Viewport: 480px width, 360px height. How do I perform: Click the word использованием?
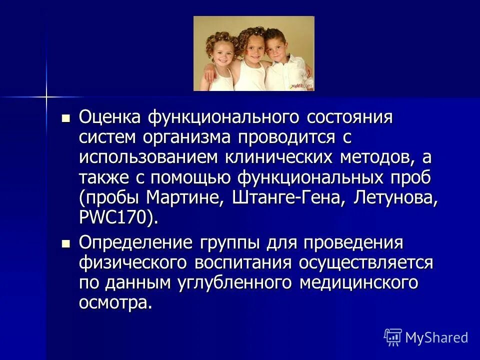(148, 158)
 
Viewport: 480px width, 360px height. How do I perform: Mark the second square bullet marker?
(65, 244)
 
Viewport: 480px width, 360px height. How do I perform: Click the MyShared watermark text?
(436, 337)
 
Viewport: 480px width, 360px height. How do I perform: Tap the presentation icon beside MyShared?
(393, 337)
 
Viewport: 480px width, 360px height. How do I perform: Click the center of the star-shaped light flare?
(46, 95)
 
